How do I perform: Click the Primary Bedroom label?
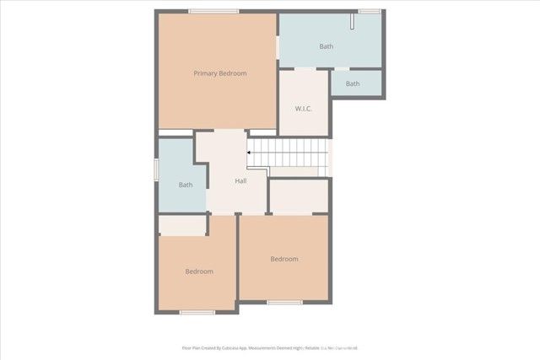tap(220, 74)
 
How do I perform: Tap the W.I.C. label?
tap(305, 110)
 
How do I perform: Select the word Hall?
tap(240, 181)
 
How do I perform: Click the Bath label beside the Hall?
tap(186, 185)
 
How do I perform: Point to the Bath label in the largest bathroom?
tap(327, 46)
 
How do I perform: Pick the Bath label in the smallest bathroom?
tap(353, 83)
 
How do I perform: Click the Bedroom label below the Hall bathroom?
tap(199, 271)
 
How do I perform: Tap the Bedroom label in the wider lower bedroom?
tap(284, 259)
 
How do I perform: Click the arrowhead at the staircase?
tap(249, 153)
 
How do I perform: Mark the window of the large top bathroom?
tap(369, 11)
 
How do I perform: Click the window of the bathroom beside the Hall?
tap(156, 169)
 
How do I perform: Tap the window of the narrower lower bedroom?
tap(197, 312)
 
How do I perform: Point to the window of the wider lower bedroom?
tap(284, 302)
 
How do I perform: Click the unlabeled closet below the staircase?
tap(299, 196)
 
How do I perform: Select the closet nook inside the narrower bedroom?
tap(182, 225)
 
